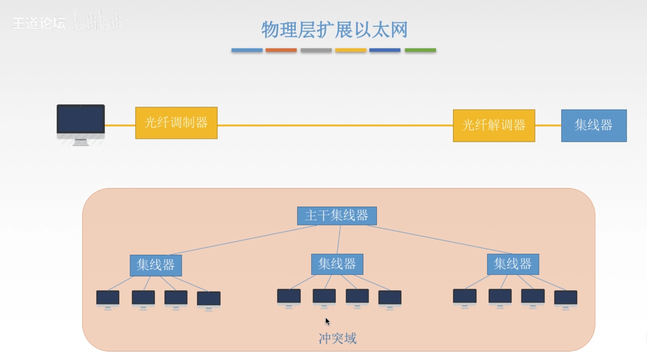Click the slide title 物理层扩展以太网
(x=334, y=30)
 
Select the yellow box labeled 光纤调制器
(x=176, y=123)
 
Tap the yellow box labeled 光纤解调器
(x=494, y=125)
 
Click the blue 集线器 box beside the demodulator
(x=594, y=125)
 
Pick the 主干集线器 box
(x=337, y=216)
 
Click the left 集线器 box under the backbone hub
(x=156, y=265)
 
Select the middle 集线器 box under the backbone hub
(x=337, y=264)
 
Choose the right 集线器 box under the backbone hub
(x=513, y=264)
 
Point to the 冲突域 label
(x=337, y=338)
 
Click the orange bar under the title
(x=281, y=50)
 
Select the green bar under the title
(x=420, y=50)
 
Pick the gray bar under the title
(x=316, y=50)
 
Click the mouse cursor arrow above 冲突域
(x=328, y=322)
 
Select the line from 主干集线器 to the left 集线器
(x=242, y=240)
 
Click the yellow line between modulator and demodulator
(x=335, y=125)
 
